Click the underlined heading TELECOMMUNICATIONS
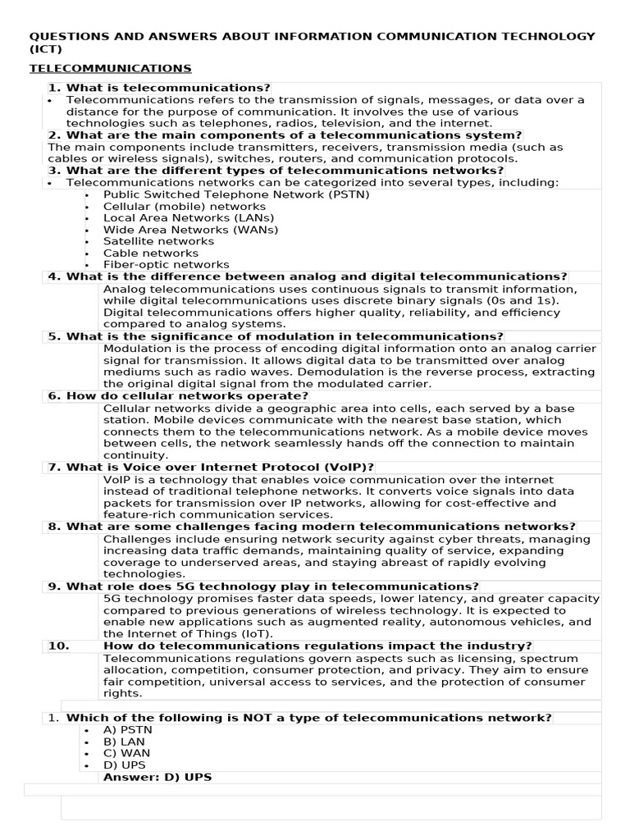tap(111, 68)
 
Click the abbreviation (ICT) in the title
tap(46, 48)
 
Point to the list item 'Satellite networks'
tap(158, 241)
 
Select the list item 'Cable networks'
tap(151, 253)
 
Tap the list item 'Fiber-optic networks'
tap(167, 265)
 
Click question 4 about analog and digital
tap(308, 276)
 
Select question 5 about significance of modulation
tap(276, 336)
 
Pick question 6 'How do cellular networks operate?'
tap(178, 395)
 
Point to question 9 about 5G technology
tap(263, 587)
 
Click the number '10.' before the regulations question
tap(58, 646)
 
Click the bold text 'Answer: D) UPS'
tap(157, 777)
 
